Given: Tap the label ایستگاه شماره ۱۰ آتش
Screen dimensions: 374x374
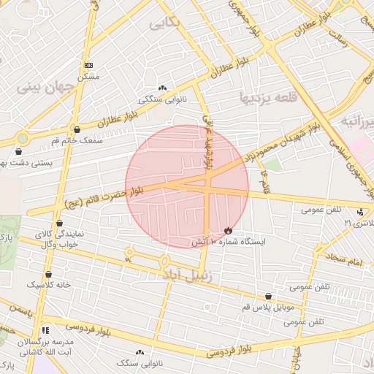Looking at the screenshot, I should [x=229, y=241].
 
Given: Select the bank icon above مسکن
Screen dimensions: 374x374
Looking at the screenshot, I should [x=88, y=64].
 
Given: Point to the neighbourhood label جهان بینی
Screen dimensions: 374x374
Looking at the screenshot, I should [x=47, y=88].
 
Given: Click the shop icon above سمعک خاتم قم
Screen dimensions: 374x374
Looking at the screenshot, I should [x=77, y=129].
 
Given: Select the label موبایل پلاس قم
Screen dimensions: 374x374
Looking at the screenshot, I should [x=270, y=308].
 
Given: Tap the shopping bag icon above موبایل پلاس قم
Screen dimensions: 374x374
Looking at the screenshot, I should [x=270, y=297].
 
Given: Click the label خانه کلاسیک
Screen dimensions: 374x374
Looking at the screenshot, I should [x=49, y=284].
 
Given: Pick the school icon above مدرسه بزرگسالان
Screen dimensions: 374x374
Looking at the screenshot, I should [x=46, y=330].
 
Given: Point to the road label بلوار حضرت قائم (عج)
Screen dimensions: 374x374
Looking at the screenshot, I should [x=102, y=194].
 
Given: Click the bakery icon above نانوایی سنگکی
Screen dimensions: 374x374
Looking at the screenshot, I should [x=162, y=87].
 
